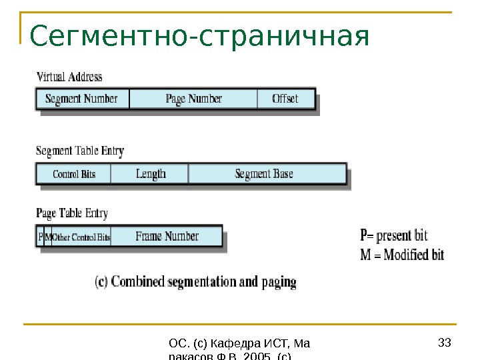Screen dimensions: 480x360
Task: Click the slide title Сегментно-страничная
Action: point(198,37)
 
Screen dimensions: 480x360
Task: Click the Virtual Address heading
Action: point(69,77)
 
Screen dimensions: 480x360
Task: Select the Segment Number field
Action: point(81,99)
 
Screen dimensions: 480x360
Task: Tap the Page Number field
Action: point(193,99)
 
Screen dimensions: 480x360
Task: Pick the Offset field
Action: point(285,99)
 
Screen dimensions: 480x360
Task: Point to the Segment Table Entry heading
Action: point(79,151)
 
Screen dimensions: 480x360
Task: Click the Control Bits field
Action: point(74,174)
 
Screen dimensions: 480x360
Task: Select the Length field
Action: point(151,174)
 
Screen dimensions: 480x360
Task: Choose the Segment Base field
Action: point(264,174)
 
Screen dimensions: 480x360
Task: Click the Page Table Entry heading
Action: point(71,213)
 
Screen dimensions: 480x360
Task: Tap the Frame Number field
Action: point(167,236)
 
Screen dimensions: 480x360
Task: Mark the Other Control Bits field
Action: point(81,237)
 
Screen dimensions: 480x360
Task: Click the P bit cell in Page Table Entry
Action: point(40,237)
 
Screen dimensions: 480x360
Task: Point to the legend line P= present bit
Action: point(394,236)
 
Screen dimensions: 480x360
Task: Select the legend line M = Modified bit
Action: point(402,255)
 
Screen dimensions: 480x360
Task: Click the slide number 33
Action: point(445,343)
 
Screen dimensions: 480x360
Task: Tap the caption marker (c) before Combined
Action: point(102,281)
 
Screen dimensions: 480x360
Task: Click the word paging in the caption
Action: point(279,282)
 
